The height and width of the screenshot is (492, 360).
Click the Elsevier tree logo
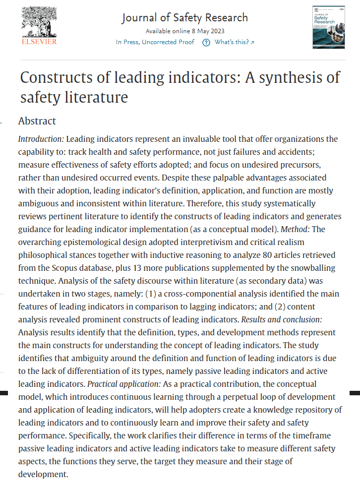pyautogui.click(x=39, y=21)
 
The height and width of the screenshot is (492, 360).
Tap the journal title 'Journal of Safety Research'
pyautogui.click(x=184, y=18)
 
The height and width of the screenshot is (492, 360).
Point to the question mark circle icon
pyautogui.click(x=206, y=42)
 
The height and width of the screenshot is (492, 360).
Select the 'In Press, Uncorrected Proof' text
pyautogui.click(x=155, y=42)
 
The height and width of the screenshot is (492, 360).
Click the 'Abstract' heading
pyautogui.click(x=37, y=121)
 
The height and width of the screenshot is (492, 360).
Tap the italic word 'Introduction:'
pyautogui.click(x=41, y=138)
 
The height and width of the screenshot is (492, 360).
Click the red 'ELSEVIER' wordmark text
pyautogui.click(x=39, y=42)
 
